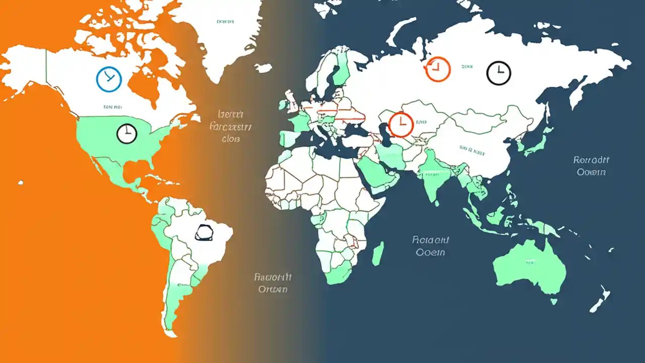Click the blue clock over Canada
(x=109, y=79)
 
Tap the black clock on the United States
(x=126, y=133)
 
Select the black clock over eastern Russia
(x=498, y=73)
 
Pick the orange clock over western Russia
(x=437, y=69)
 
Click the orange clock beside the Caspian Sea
(x=401, y=125)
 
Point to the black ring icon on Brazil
(x=204, y=232)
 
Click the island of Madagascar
(x=378, y=253)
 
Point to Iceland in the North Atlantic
(x=263, y=68)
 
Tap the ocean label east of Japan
(x=591, y=166)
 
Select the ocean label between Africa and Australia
(x=431, y=246)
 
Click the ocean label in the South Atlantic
(x=273, y=283)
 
